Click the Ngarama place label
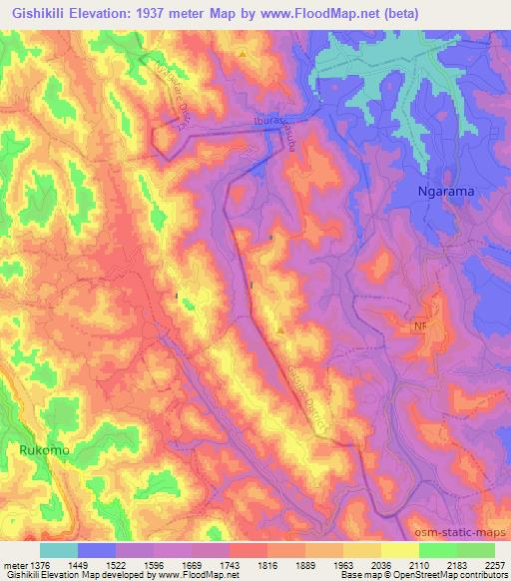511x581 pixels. [444, 190]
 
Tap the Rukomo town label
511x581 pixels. [45, 451]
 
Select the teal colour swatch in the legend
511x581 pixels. [58, 550]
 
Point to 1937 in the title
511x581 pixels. [155, 12]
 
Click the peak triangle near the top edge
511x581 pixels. [243, 51]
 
